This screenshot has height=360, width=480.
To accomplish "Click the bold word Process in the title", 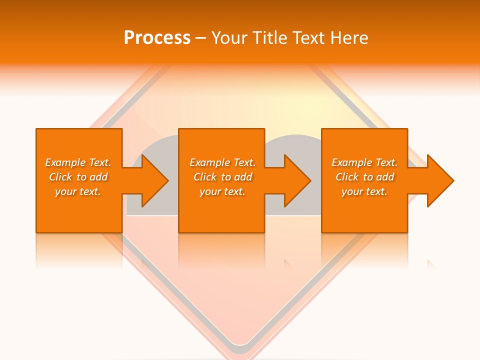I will pos(157,38).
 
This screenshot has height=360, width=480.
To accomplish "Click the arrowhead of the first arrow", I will pos(154,180).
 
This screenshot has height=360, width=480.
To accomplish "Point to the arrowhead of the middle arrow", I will pos(297,180).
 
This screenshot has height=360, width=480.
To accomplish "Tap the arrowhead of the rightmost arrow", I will pos(439,180).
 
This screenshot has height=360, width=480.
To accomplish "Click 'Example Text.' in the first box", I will pos(78,162).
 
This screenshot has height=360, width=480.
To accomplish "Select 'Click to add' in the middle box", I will pos(222,177).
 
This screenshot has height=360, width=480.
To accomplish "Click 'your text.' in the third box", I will pos(364,191).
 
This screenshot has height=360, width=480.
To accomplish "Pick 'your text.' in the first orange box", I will pos(78,191).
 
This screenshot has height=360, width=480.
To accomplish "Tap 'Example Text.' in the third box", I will pos(364,162).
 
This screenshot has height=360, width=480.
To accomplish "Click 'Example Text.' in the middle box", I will pos(222,162).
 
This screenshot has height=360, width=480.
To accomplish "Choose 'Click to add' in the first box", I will pos(78,177).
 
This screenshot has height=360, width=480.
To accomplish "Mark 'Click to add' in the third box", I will pos(364,177).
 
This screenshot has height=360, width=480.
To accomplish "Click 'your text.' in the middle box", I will pos(222,191).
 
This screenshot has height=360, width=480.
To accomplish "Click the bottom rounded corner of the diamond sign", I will pos(240,344).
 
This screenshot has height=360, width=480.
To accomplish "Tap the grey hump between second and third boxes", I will pos(293,145).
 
